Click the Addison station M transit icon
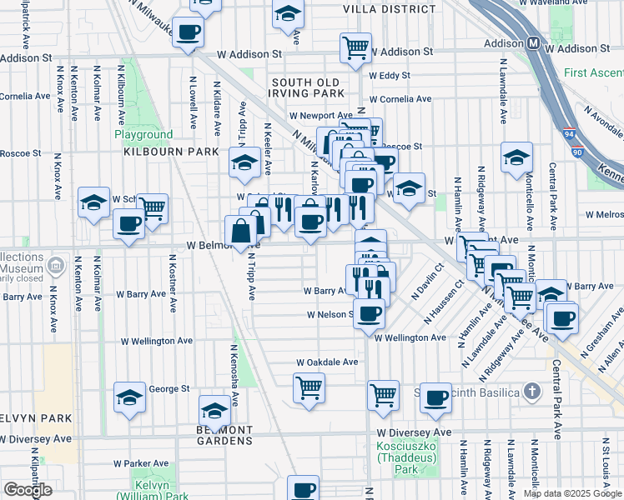[532, 43]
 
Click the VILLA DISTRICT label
[389, 9]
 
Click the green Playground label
[143, 135]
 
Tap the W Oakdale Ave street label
[328, 362]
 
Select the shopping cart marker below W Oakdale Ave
[309, 387]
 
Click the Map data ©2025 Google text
[571, 493]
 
